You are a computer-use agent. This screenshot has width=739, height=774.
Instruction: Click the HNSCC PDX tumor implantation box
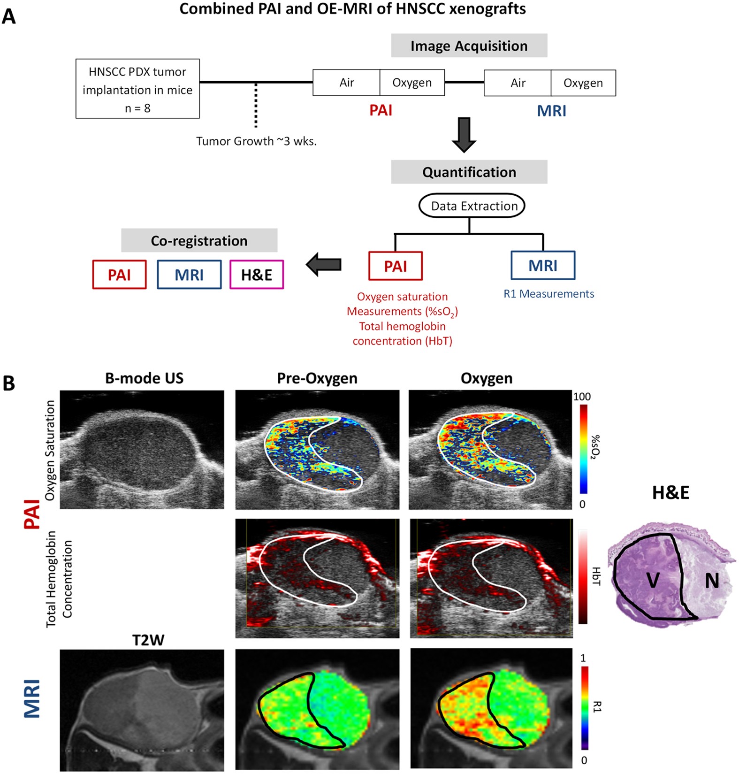[x=137, y=89]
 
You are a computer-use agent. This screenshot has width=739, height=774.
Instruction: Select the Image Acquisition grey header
[x=469, y=46]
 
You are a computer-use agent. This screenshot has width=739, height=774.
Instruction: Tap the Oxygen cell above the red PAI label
[x=411, y=83]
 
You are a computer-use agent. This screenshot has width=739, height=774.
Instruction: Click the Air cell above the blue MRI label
[x=518, y=83]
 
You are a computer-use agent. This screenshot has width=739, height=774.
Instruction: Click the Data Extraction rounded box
[x=471, y=206]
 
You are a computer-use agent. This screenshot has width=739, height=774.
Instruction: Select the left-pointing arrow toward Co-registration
[x=324, y=265]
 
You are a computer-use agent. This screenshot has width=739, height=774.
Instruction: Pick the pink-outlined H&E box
[x=257, y=275]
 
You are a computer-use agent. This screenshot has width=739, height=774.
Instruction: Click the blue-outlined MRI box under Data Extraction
[x=543, y=266]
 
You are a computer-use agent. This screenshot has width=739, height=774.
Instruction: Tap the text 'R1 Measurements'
[x=549, y=294]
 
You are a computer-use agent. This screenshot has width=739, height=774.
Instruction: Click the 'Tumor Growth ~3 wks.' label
[x=256, y=141]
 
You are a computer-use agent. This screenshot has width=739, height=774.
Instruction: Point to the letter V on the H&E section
[x=653, y=581]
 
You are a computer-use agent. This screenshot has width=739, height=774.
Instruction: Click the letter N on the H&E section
[x=712, y=581]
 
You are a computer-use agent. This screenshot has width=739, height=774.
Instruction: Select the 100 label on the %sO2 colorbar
[x=582, y=397]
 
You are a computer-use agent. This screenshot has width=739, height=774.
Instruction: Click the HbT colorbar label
[x=595, y=576]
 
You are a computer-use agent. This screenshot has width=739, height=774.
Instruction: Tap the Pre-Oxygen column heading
[x=317, y=378]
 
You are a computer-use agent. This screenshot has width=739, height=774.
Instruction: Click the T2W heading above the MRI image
[x=148, y=640]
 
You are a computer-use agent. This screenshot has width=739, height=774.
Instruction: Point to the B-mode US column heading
[x=144, y=378]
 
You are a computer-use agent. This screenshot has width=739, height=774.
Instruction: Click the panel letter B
[x=9, y=383]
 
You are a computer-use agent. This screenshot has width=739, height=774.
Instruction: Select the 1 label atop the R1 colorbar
[x=583, y=658]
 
